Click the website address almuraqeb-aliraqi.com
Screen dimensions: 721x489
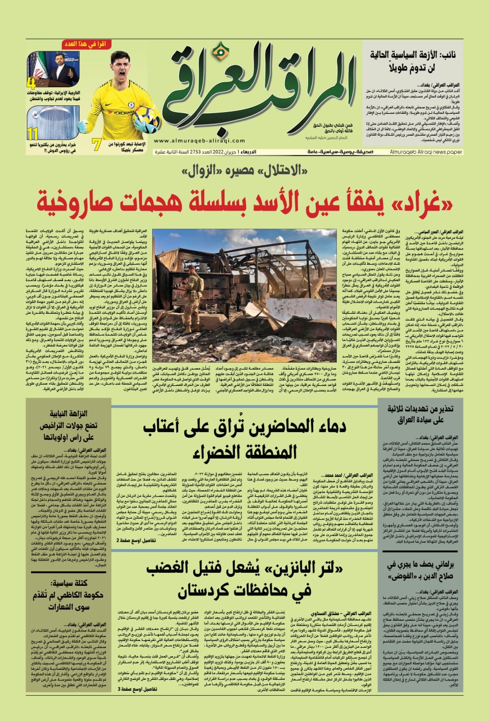(x=194, y=141)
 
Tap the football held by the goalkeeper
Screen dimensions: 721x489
(x=146, y=116)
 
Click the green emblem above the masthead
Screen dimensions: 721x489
(x=223, y=50)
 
